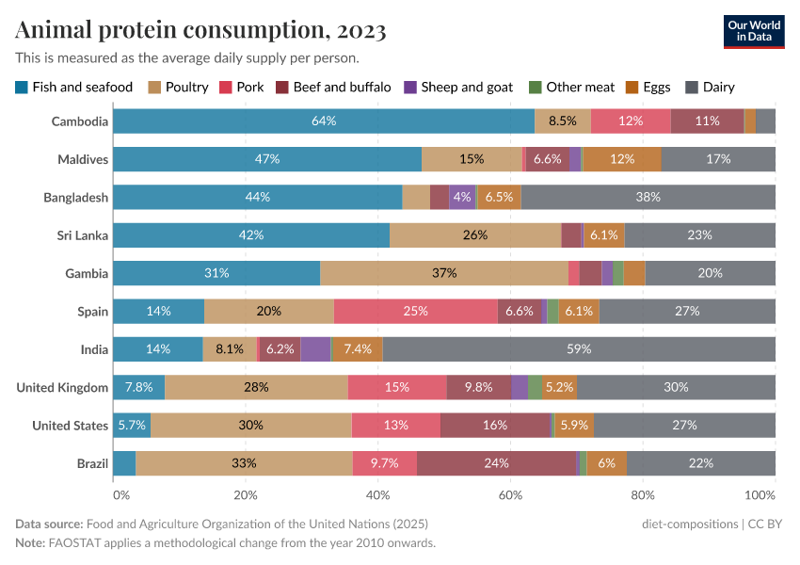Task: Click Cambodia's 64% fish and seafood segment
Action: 324,121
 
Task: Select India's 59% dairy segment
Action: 579,349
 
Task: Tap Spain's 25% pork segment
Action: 415,311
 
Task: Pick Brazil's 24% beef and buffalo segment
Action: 496,463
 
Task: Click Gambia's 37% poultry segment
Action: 444,273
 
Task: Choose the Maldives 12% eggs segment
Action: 622,159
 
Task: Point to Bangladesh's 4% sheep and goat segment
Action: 462,197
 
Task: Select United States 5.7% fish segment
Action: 132,426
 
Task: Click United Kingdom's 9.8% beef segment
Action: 479,387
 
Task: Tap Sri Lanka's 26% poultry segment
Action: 475,234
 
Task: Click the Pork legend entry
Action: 242,88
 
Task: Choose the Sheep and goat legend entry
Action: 458,88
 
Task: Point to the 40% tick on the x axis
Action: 378,494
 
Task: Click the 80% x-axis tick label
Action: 643,494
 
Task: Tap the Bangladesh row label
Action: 75,197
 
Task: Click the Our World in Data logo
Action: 754,30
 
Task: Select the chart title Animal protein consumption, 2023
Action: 200,30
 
